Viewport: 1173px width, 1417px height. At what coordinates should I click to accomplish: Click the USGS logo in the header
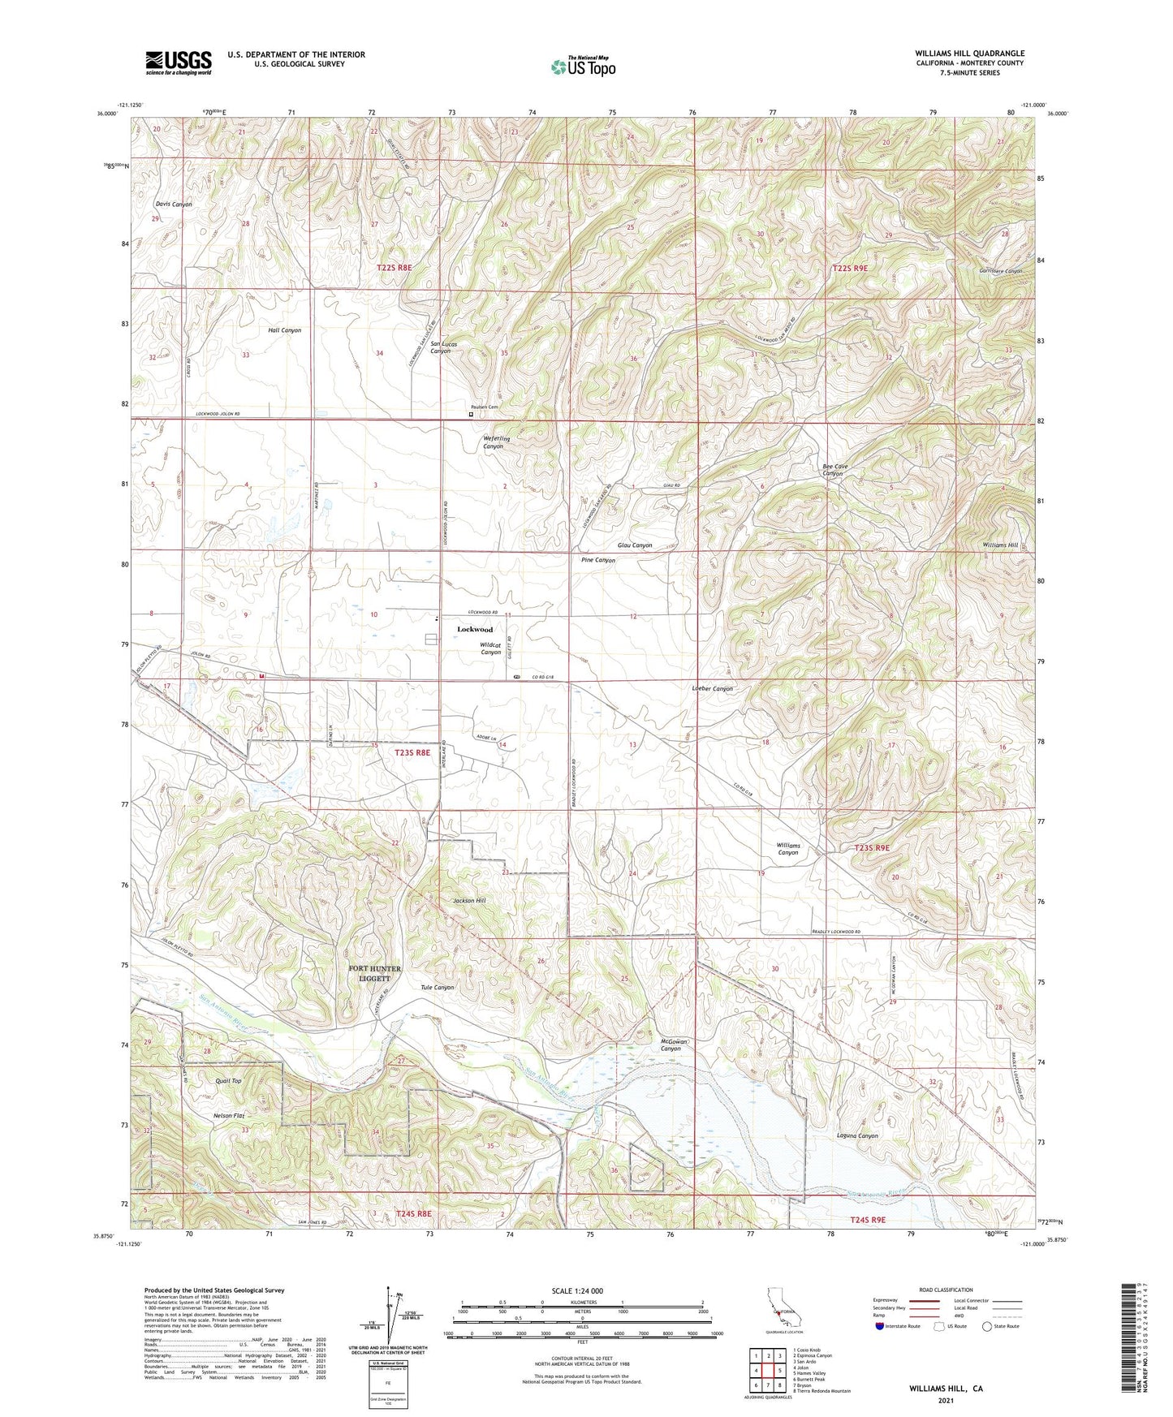tap(179, 62)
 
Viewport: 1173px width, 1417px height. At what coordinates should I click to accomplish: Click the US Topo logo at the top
tap(583, 67)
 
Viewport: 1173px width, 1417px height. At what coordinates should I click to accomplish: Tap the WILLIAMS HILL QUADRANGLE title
tap(969, 54)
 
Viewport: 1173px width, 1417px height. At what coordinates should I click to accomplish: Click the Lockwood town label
tap(475, 630)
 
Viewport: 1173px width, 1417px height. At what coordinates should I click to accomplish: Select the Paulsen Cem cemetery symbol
tap(471, 415)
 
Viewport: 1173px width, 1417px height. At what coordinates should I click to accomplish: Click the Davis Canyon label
tap(172, 205)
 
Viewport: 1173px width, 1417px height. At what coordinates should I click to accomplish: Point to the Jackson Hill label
tap(469, 901)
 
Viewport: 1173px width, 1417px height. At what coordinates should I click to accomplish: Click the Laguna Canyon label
tap(857, 1136)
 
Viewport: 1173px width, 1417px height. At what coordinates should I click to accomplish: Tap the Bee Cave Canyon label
tap(835, 470)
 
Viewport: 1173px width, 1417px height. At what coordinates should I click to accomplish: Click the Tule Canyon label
tap(438, 988)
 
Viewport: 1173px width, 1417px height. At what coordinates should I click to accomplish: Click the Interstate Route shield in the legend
tap(881, 1326)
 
